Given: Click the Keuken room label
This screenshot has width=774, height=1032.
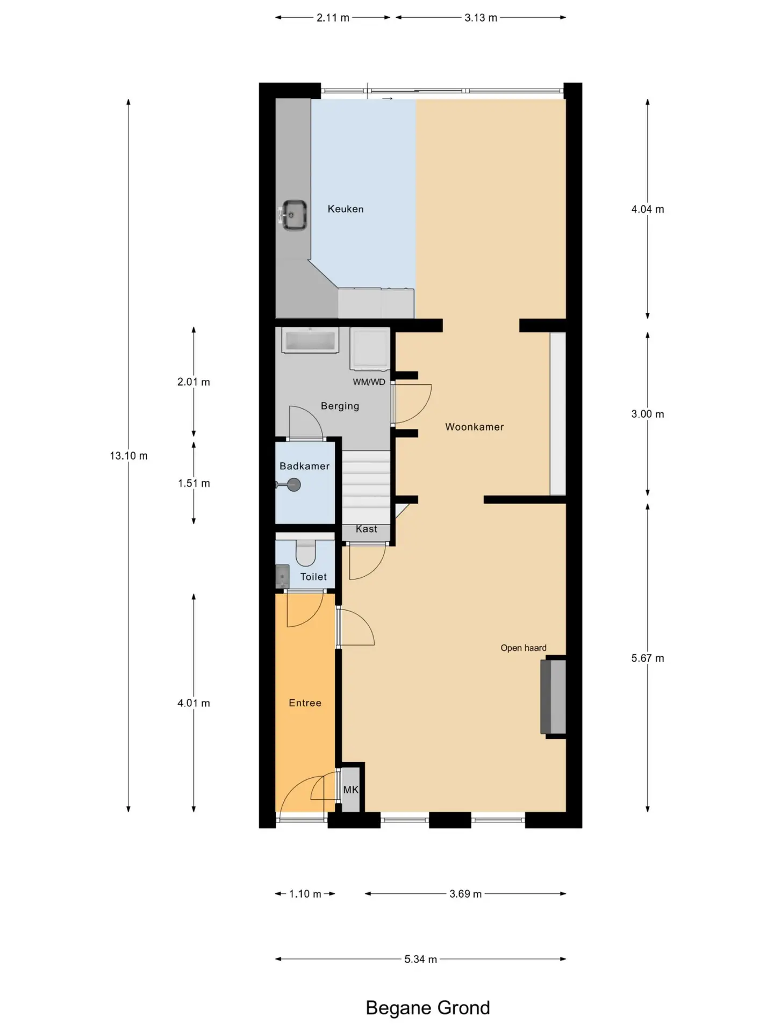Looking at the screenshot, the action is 346,209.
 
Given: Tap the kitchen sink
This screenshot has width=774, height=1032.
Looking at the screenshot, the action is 295,216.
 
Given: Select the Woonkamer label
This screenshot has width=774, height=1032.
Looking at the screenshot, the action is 475,427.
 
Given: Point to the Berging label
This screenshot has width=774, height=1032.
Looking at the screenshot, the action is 340,406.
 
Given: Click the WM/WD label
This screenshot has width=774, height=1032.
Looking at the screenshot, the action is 369,382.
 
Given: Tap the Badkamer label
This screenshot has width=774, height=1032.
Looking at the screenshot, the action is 304,466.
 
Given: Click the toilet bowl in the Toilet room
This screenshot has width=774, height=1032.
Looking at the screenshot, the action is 306,553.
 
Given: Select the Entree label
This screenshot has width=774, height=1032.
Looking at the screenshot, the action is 305,703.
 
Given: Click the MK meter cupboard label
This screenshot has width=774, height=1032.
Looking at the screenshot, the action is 350,790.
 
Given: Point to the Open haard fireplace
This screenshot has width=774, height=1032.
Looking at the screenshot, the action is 553,697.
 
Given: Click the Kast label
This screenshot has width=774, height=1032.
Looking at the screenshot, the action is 367,529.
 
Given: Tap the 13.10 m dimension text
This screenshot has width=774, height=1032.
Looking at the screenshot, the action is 128,456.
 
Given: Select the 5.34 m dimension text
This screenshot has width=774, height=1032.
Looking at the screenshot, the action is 421,959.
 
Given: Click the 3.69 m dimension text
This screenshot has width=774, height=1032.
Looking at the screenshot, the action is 465,894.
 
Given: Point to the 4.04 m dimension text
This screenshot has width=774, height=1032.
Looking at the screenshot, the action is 648,209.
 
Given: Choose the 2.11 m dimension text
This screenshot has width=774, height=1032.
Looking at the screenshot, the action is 333,18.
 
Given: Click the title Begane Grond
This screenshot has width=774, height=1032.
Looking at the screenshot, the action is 428,1008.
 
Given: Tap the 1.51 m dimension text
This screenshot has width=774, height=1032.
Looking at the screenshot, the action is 194,483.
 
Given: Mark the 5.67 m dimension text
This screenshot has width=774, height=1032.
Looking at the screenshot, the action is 648,658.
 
